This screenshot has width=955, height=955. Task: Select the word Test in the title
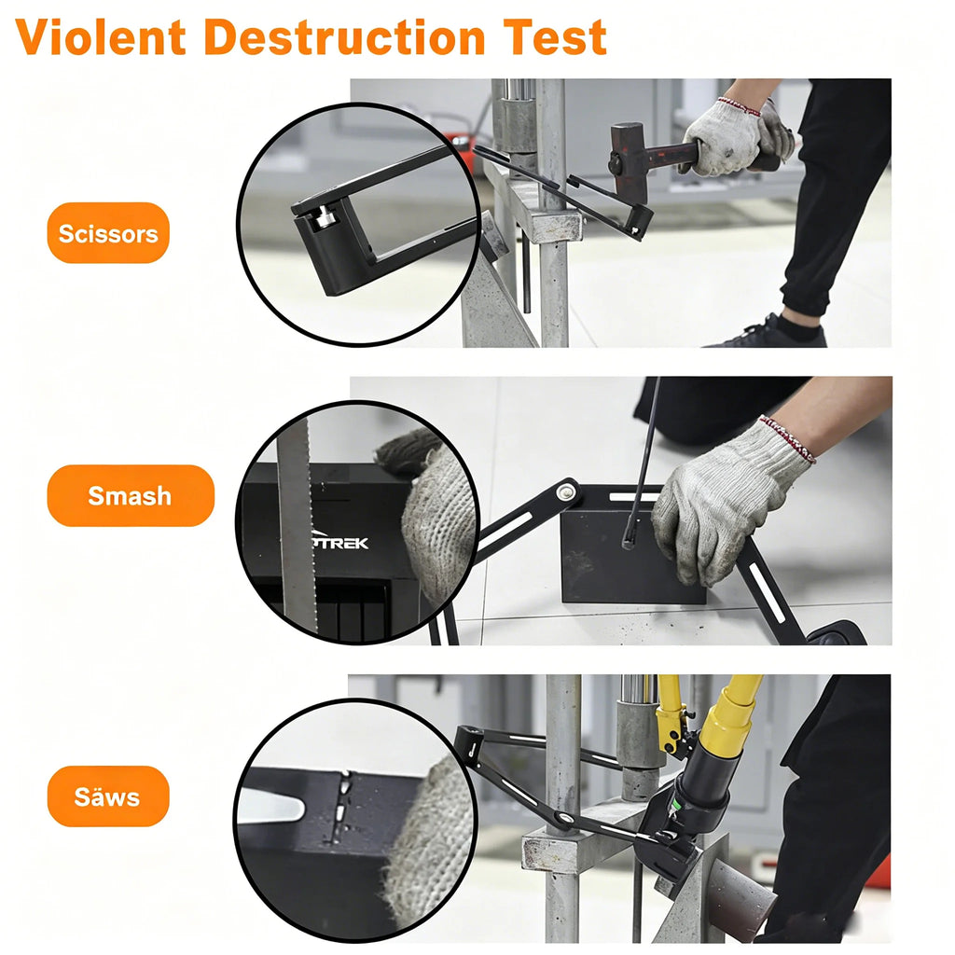click(554, 37)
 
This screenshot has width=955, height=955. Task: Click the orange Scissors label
click(108, 233)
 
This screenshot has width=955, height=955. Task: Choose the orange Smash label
click(131, 496)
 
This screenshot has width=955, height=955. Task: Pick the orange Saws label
click(108, 796)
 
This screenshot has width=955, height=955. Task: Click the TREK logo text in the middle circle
click(341, 543)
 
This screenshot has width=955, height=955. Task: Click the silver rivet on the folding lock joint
click(568, 491)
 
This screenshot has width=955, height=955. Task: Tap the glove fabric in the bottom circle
click(428, 847)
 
